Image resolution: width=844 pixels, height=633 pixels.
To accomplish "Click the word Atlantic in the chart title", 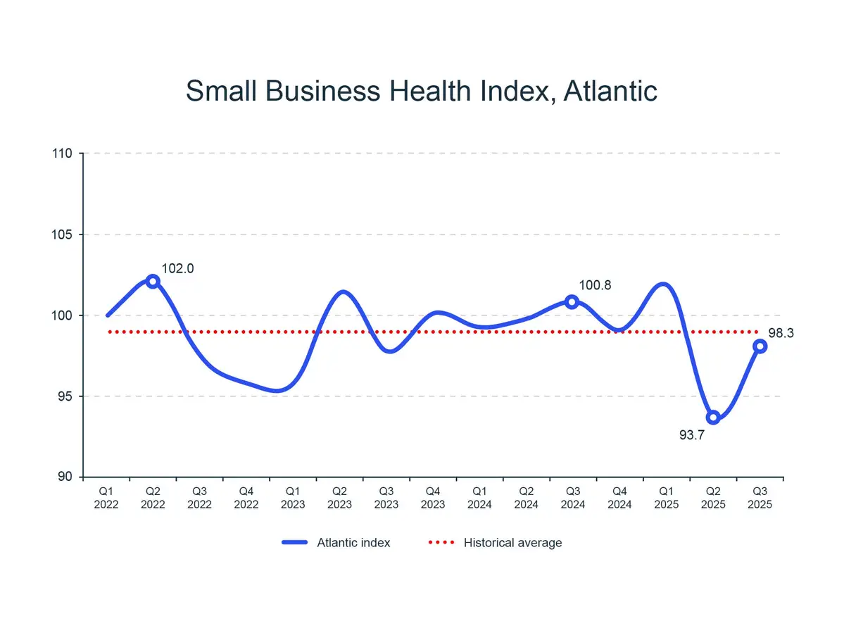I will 610,92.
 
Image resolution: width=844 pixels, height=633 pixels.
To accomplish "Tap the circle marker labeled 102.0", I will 153,281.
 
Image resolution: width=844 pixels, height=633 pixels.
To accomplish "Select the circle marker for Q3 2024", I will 572,301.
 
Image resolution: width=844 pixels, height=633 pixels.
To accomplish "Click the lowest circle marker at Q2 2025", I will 713,418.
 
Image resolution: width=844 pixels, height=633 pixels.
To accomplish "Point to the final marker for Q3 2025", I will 760,346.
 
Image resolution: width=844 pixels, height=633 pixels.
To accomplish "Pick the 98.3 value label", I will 780,334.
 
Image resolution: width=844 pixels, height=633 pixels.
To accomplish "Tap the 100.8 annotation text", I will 595,286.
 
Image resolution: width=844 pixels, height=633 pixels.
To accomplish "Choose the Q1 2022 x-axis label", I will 106,498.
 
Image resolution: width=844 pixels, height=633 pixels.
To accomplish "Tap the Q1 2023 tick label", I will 293,498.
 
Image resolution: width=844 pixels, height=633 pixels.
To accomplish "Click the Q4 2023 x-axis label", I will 433,498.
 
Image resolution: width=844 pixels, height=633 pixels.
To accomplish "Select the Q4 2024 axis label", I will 619,498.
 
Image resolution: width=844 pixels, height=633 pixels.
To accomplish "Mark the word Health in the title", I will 436,92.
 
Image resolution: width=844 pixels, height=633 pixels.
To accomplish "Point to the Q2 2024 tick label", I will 527,498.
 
